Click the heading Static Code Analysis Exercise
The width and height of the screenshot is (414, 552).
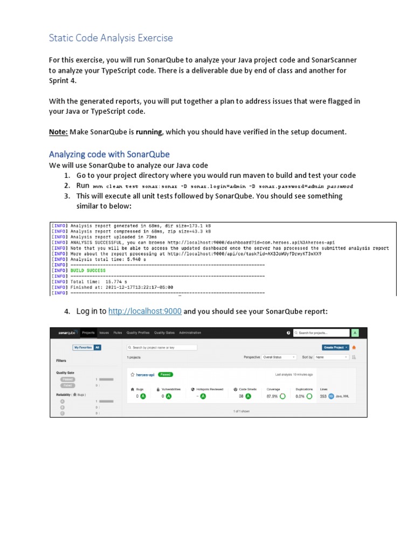point(111,38)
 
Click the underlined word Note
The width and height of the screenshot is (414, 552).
point(58,132)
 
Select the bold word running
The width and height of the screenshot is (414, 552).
point(149,132)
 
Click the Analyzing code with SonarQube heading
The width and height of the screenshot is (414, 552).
point(109,154)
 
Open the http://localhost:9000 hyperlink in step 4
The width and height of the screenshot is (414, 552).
point(144,312)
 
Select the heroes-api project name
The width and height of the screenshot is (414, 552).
point(145,374)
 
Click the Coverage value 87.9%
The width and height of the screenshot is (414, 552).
point(272,396)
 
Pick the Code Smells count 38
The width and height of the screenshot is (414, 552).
point(242,396)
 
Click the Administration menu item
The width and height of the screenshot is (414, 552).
point(190,333)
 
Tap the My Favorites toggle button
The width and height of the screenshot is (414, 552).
point(83,348)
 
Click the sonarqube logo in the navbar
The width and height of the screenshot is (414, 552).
point(68,333)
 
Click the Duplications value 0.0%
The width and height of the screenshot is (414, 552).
point(300,396)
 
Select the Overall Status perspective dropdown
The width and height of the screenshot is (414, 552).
point(279,357)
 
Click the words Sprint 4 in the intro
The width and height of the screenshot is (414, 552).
point(63,81)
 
